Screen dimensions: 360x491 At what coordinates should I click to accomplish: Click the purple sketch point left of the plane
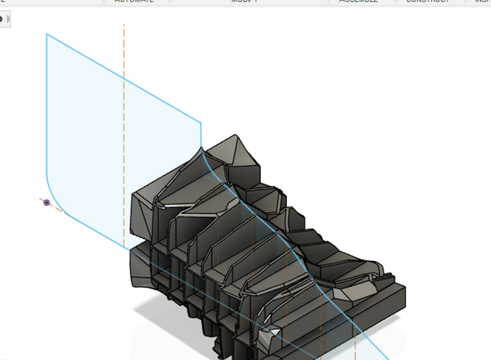click(47, 202)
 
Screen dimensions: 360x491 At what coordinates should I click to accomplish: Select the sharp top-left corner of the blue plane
click(47, 34)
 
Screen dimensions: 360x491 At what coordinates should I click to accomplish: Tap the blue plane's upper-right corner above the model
click(201, 123)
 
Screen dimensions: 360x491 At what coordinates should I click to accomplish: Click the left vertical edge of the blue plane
click(47, 103)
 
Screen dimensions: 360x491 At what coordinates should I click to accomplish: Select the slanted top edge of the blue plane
click(124, 79)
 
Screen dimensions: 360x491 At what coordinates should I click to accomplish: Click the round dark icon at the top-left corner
click(1, 19)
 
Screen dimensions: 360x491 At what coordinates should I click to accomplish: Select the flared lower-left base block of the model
click(142, 266)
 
